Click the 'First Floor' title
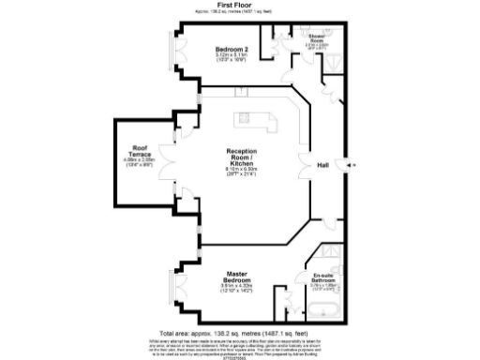tap(239, 5)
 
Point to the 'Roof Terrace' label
tap(141, 150)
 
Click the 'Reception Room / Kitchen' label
tap(241, 156)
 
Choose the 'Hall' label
tap(322, 165)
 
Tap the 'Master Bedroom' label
tap(235, 277)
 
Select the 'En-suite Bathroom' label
tap(323, 278)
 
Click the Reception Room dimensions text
tap(241, 172)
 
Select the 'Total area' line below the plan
tap(239, 333)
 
